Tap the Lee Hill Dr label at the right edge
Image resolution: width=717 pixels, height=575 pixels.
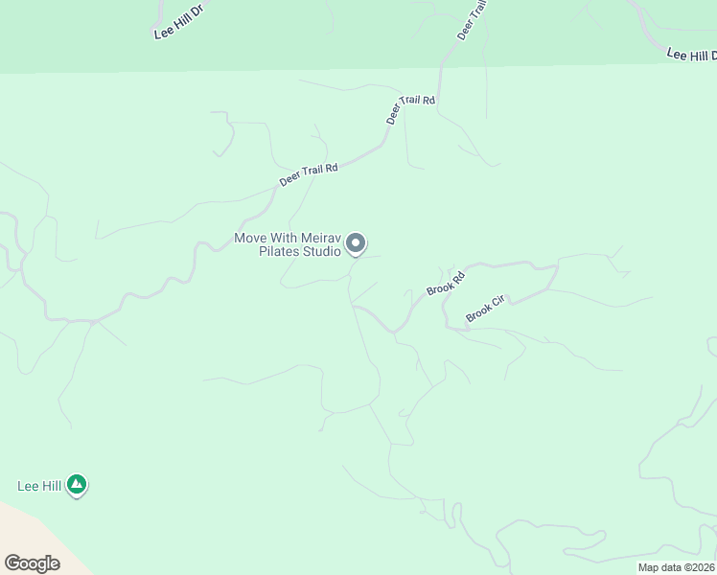(x=691, y=55)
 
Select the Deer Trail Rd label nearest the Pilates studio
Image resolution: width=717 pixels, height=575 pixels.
(x=309, y=174)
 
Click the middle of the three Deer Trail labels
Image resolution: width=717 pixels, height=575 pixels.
(x=410, y=109)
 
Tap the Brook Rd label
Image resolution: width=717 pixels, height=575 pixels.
(x=446, y=284)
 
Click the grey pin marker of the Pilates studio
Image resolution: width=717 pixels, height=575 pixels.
(x=356, y=243)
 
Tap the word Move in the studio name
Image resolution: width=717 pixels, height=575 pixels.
(x=251, y=238)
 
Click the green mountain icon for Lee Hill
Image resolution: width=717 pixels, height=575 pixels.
(x=78, y=486)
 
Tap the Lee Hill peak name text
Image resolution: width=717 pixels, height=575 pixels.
(x=39, y=486)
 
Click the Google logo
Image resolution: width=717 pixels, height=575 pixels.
(x=32, y=563)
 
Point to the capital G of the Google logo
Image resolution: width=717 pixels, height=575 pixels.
(x=12, y=563)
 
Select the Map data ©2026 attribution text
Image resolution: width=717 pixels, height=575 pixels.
(x=677, y=567)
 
